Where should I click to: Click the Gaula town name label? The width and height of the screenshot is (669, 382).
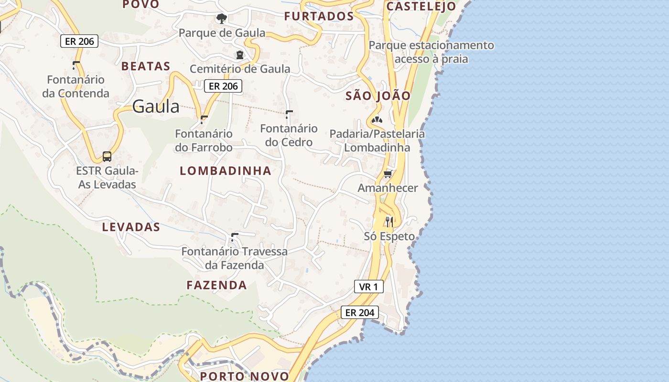156,106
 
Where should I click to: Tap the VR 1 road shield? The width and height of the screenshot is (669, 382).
368,286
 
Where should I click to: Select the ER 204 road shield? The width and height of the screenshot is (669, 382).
360,313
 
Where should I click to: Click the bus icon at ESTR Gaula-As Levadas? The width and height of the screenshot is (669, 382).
107,156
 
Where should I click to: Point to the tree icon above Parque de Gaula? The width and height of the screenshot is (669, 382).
221,19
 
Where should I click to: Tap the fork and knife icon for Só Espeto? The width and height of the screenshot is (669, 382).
389,222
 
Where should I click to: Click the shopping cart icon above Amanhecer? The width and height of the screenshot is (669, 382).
388,174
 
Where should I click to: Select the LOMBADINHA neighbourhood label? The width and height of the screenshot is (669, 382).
226,170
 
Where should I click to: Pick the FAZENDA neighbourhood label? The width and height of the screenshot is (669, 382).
216,285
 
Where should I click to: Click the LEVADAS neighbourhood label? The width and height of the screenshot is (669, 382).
131,227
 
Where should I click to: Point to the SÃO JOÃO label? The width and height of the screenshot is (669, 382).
378,95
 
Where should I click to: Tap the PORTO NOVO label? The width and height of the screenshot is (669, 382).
245,376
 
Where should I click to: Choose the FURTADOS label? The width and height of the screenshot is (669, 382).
319,16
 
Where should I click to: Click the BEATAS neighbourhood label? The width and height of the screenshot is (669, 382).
146,66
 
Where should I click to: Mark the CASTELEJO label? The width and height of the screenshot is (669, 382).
421,6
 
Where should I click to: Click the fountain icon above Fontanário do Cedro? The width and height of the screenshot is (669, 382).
289,114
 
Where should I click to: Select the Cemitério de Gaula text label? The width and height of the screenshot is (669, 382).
240,69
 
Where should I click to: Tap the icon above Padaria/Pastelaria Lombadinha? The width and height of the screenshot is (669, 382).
377,119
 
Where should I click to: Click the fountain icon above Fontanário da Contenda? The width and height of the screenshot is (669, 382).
76,65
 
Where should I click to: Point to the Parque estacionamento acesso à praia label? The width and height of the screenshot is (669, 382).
432,52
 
